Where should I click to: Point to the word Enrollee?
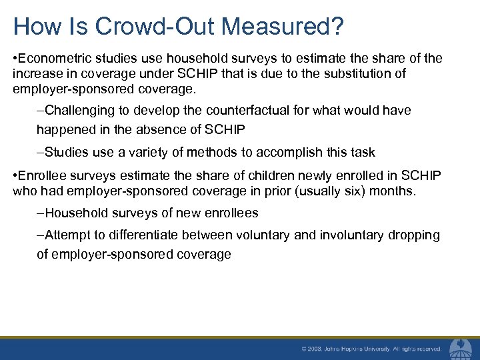point(41,177)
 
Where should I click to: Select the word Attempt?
point(67,235)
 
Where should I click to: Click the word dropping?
point(415,235)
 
